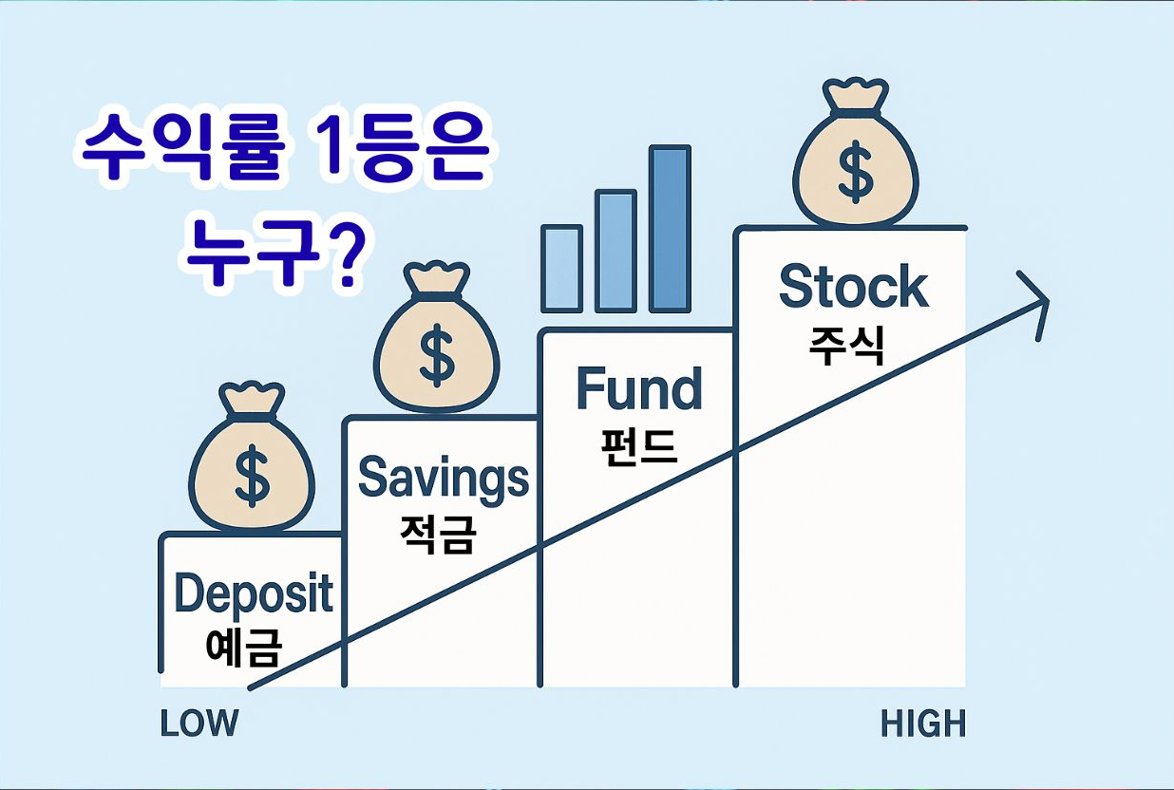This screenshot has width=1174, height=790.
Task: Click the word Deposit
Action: tap(254, 593)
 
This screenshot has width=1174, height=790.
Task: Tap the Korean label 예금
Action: tap(244, 648)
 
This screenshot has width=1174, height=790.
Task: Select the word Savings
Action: tap(443, 479)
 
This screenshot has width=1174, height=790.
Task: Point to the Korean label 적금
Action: tap(437, 535)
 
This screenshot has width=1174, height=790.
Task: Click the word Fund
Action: tap(639, 389)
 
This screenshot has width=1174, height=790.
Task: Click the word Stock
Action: tap(853, 287)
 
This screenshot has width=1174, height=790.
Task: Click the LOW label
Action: tap(199, 724)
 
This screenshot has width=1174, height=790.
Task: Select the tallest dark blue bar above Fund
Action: tap(670, 229)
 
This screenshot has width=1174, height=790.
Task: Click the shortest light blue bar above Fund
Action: tap(561, 269)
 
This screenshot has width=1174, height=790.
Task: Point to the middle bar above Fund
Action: tap(615, 252)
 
